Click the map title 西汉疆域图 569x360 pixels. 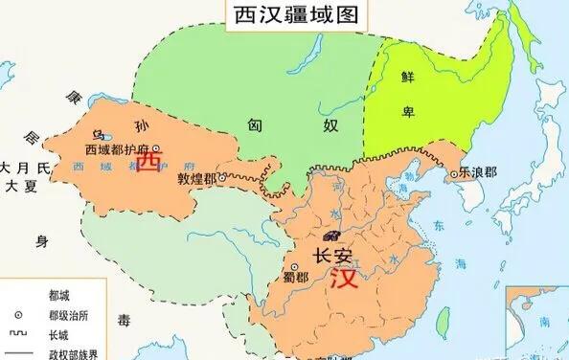284,18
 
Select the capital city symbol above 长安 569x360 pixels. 332,236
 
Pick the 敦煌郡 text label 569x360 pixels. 197,177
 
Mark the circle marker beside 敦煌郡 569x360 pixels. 222,177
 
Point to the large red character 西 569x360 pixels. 148,163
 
